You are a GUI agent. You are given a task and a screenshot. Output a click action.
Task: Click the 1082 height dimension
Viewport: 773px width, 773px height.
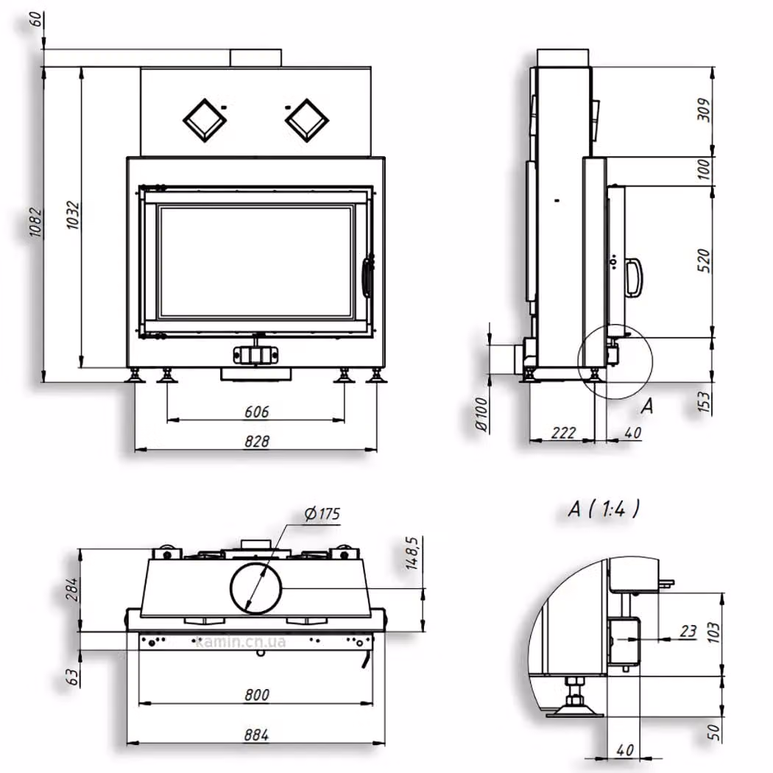pos(35,223)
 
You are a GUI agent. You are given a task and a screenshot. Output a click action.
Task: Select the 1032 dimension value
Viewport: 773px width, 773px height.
pos(72,215)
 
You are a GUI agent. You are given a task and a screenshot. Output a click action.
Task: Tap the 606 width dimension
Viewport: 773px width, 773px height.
pos(257,412)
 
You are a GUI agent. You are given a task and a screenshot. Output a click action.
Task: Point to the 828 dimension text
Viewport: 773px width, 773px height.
pos(257,441)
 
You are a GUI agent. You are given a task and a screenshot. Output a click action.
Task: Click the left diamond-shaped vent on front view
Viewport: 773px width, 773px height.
pos(205,121)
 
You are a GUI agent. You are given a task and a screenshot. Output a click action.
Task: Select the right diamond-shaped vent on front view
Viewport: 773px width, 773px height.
pos(307,121)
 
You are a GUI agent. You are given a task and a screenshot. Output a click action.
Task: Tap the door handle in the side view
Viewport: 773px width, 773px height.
pos(634,278)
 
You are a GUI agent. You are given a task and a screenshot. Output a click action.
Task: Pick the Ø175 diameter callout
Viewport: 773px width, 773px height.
pos(322,514)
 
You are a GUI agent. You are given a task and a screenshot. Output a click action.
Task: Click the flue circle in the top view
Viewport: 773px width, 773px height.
pos(256,588)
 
